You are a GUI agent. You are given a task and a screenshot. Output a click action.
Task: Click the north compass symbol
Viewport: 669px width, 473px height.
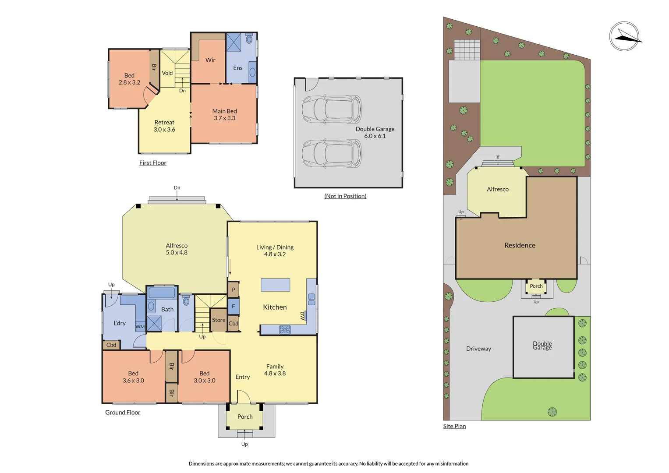pos(624,36)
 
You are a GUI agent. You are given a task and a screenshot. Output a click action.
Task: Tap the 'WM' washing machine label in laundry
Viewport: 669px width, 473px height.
pos(140,327)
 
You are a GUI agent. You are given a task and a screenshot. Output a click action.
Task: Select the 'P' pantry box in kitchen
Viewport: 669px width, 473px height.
pos(234,289)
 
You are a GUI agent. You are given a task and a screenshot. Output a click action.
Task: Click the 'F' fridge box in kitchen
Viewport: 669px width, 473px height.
pos(234,307)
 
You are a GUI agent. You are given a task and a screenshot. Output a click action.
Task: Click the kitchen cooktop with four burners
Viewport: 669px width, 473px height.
pos(285,330)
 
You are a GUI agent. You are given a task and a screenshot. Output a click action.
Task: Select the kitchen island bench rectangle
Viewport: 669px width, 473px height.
pos(275,285)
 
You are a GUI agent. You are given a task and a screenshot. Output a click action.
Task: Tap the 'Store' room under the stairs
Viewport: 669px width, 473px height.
pos(219,320)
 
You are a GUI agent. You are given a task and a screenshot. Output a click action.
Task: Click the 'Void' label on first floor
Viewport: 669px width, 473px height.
pos(167,73)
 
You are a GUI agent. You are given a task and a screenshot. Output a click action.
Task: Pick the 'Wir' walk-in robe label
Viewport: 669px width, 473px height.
pos(210,60)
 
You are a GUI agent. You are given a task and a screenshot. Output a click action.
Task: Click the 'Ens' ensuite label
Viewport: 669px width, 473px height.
pos(238,68)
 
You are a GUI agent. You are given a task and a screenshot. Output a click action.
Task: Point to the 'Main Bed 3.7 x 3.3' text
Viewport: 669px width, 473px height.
pos(224,115)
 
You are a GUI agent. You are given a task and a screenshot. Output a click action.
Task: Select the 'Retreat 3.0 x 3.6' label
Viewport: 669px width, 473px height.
pos(164,126)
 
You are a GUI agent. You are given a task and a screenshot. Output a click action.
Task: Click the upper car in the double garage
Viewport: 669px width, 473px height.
pos(332,109)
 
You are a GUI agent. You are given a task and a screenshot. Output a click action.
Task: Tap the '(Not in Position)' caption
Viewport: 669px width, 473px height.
pos(345,196)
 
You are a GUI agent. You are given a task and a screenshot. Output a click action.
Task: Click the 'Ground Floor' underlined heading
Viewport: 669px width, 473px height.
pos(123,413)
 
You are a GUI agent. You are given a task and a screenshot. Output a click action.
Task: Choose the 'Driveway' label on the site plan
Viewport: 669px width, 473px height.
pos(478,349)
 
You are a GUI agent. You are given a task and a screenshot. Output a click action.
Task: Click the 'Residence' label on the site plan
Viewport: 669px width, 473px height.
pos(520,245)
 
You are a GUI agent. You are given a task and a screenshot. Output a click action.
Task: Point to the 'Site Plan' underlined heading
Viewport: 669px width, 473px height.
pos(454,426)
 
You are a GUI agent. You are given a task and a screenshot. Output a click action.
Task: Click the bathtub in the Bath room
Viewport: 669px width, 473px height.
pos(162,293)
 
